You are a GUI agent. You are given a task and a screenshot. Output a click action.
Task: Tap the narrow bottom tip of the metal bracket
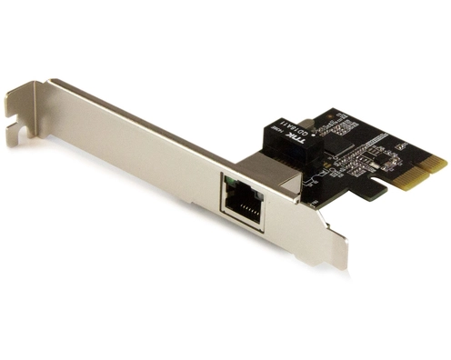point(337,263)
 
